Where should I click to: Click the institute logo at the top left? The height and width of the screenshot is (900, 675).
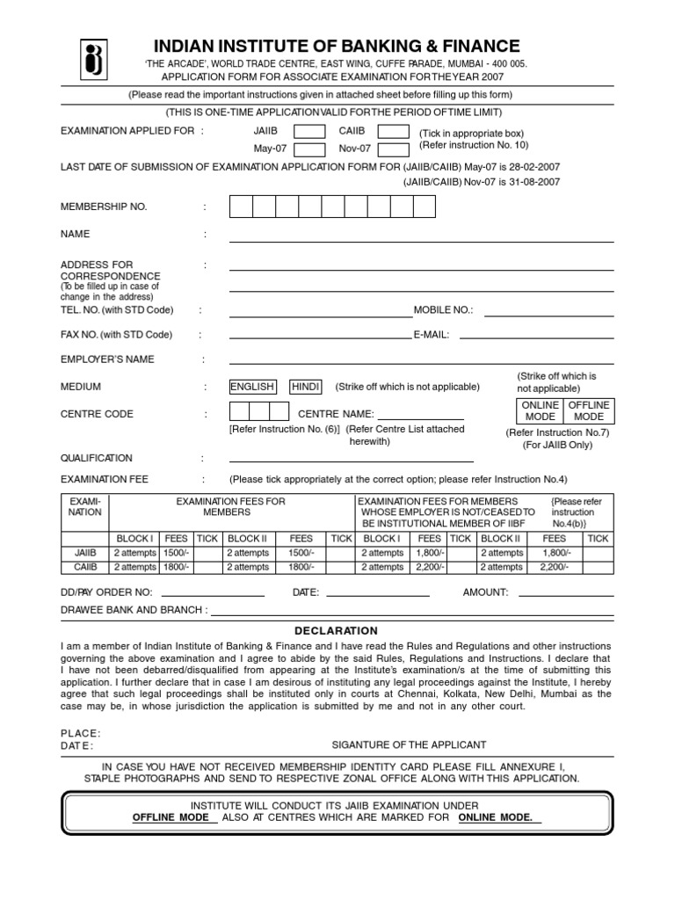point(94,59)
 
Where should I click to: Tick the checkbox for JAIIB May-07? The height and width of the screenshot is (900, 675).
point(308,132)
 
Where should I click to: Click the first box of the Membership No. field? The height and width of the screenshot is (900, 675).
point(241,207)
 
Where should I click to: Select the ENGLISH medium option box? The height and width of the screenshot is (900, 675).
point(252,387)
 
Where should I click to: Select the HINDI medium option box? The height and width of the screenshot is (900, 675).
point(306,387)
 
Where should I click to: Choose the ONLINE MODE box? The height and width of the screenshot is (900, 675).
point(540,410)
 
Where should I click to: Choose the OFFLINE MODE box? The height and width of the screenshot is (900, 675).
point(588,410)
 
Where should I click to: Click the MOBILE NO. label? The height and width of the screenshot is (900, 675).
point(443,310)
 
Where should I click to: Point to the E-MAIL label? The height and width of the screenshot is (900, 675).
point(432,335)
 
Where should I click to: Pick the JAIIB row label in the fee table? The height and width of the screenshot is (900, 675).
point(84,553)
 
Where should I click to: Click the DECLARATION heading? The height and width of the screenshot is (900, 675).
point(337,630)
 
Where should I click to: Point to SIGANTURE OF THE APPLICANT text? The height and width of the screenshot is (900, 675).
point(409,744)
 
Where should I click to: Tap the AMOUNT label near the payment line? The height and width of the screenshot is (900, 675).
point(485,592)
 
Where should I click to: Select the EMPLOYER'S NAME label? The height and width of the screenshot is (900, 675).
point(106,359)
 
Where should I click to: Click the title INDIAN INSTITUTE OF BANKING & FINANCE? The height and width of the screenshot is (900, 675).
point(337,47)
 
